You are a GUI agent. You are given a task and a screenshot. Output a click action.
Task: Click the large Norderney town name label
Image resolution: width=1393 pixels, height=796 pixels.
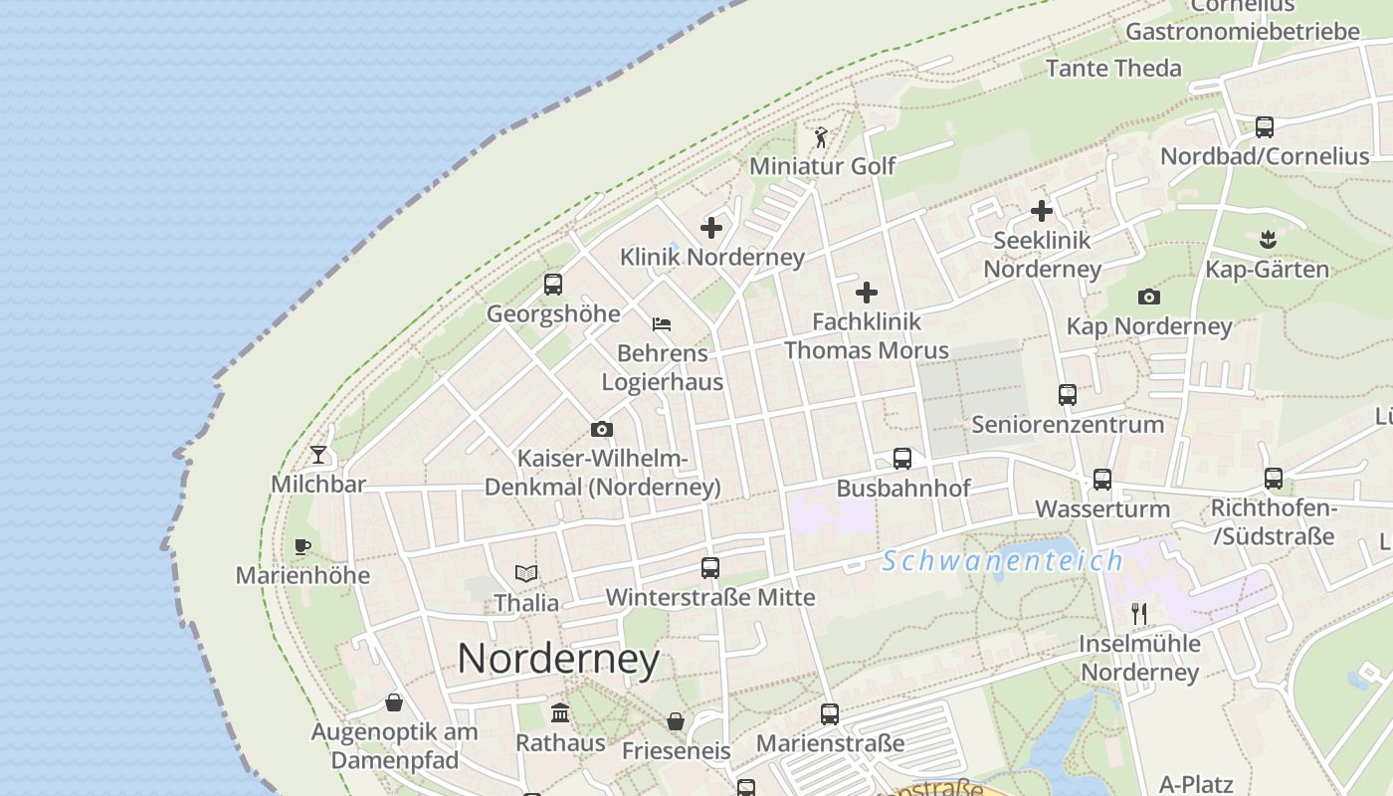coord(558,659)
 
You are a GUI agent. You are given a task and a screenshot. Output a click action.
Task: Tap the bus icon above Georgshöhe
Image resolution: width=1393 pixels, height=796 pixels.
coord(553,285)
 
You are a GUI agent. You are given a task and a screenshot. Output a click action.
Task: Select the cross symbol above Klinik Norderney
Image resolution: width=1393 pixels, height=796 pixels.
coord(711,228)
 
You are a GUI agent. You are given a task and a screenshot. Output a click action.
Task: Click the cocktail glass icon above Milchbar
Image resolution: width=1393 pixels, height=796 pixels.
coord(318,455)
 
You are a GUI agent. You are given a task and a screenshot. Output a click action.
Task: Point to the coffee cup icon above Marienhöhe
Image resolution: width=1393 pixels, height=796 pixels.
coord(302,546)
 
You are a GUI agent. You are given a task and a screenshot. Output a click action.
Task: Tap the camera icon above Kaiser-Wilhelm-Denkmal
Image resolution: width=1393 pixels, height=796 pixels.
coord(602,430)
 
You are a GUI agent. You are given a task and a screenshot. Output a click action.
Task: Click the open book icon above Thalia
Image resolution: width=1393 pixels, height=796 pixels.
coord(526,573)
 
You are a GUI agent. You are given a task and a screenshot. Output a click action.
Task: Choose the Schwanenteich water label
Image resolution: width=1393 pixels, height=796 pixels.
coord(1002,561)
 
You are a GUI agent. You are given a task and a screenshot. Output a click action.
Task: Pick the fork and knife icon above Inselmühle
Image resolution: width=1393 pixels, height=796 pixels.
coord(1139,613)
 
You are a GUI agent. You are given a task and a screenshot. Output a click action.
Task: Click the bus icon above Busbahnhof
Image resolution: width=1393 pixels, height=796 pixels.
coord(902,459)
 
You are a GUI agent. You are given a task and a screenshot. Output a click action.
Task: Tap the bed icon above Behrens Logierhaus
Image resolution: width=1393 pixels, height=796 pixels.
coord(662,324)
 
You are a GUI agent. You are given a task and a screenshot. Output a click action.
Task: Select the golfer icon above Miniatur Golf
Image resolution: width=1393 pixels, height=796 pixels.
coord(821,137)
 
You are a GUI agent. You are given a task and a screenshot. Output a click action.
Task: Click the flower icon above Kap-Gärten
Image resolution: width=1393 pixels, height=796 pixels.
coord(1268,239)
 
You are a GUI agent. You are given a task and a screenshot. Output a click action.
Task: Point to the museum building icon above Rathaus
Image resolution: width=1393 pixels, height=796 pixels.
coord(560,713)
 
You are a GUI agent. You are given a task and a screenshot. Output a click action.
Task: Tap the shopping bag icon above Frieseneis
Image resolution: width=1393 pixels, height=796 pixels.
coord(676,721)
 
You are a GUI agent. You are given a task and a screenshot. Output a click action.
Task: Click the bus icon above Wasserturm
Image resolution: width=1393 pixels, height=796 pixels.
coord(1102,480)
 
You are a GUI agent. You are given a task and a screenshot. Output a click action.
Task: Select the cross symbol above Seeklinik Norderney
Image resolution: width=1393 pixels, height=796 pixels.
coord(1042,211)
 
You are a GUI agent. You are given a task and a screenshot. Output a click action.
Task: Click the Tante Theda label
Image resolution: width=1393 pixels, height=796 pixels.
coord(1113,69)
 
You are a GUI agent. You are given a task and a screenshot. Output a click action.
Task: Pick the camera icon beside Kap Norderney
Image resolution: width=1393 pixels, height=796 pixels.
coord(1149,297)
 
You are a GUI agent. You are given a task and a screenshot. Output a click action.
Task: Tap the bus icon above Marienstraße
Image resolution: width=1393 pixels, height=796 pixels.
coord(830,713)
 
